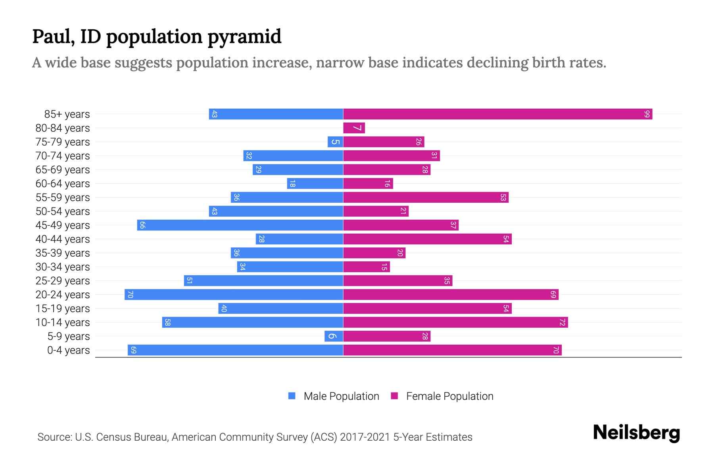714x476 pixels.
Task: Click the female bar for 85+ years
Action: pos(497,114)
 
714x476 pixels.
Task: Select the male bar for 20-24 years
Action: pos(234,295)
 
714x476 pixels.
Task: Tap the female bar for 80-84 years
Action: pos(354,128)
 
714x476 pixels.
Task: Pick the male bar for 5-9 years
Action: pos(334,336)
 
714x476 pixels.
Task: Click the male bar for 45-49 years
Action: pos(240,225)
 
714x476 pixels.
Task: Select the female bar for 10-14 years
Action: pos(455,322)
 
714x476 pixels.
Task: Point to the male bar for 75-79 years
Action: pos(335,142)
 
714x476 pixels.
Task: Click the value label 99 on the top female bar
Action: pos(647,114)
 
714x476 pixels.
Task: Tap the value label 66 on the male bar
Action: pos(142,225)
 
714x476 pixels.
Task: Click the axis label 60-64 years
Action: pos(63,184)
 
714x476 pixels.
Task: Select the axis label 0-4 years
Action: pos(68,350)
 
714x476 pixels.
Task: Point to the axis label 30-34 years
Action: pos(63,267)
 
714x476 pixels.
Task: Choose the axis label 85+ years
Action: pos(67,114)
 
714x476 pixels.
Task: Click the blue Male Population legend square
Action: pos(292,396)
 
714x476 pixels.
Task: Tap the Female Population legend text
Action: pos(449,396)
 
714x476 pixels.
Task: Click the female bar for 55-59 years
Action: pos(426,198)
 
